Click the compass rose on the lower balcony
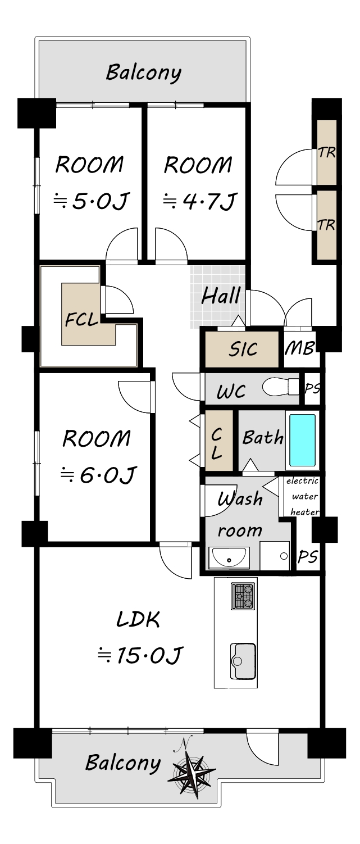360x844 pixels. point(192,768)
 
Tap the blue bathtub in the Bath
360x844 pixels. point(302,440)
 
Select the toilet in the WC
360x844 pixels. point(281,387)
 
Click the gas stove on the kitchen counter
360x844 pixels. point(243,596)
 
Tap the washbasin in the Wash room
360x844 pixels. point(229,557)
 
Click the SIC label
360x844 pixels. point(243,349)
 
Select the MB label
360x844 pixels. point(299,348)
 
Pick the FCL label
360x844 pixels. point(81,320)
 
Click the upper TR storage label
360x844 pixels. point(326,153)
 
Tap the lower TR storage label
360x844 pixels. point(326,225)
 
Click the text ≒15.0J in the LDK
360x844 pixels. point(140,655)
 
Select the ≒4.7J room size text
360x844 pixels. point(199,201)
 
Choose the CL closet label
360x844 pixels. point(216,444)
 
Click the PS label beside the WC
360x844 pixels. point(312,388)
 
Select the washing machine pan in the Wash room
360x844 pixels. point(275,556)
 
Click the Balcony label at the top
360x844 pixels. point(143,72)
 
